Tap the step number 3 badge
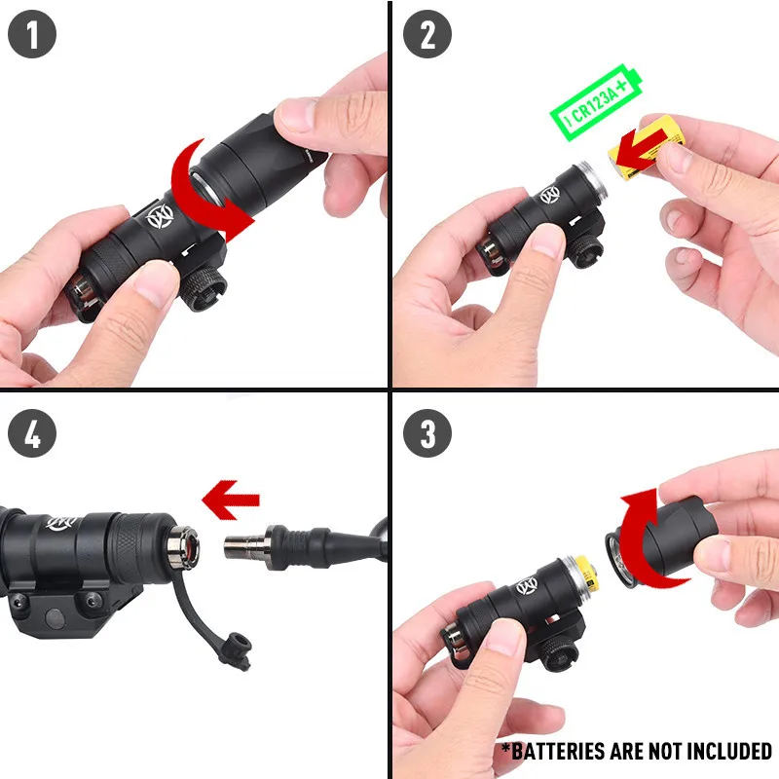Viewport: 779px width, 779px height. tap(427, 433)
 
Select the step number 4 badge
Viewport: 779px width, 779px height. tap(32, 433)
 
